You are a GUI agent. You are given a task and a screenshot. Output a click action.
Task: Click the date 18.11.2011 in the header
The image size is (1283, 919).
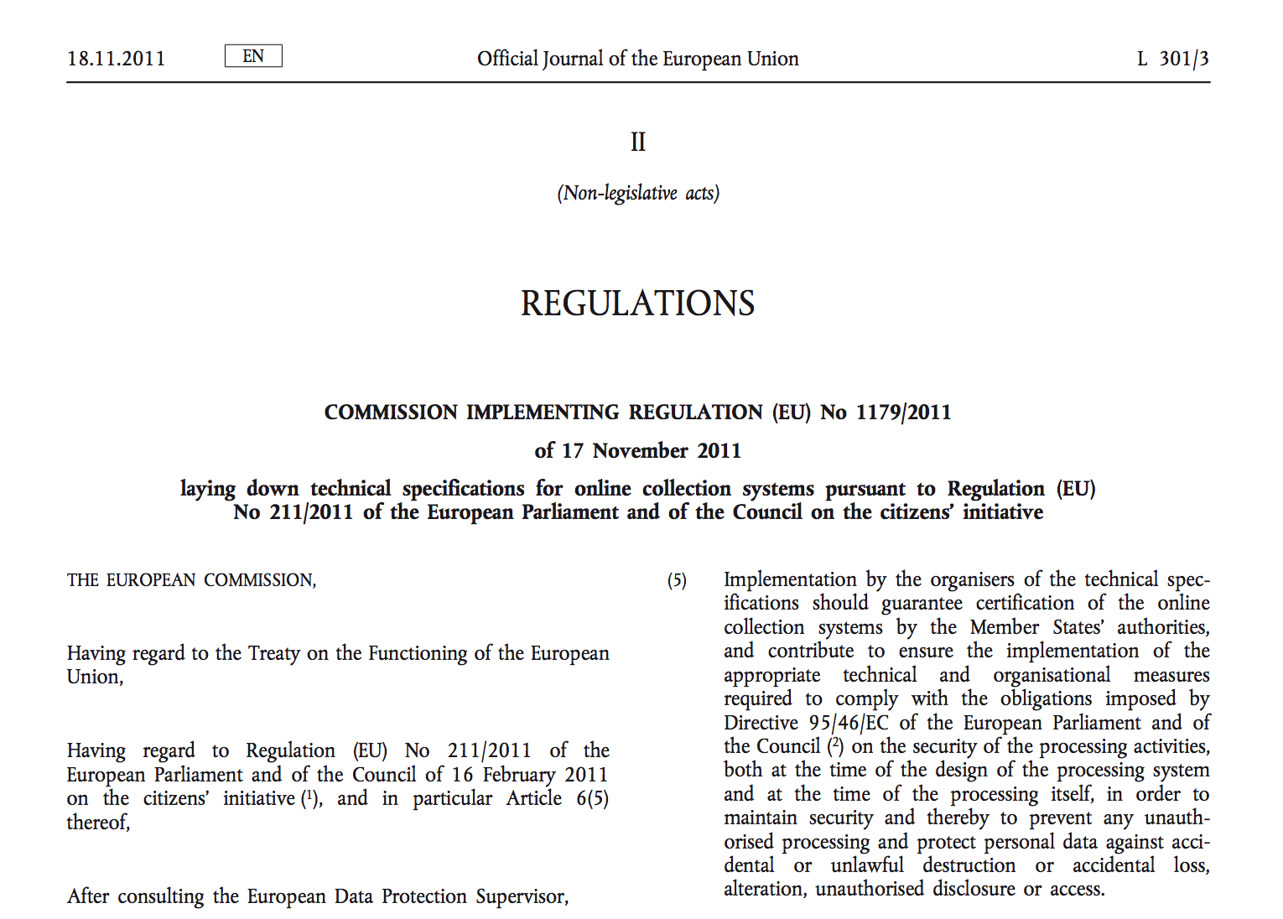point(116,59)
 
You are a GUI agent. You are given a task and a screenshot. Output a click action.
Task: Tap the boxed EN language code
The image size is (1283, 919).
point(253,56)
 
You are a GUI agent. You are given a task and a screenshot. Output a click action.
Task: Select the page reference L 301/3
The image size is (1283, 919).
point(1172,59)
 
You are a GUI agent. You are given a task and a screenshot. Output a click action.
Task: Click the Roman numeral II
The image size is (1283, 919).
point(638,143)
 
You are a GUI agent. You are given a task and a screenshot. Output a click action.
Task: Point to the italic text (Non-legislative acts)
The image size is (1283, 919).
point(638,194)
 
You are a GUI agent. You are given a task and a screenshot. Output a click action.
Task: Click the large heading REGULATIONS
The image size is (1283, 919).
point(638,304)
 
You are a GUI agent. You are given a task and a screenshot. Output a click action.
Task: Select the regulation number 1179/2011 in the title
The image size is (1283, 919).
point(903,413)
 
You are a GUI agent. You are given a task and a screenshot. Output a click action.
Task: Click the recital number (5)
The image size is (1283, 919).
point(677,580)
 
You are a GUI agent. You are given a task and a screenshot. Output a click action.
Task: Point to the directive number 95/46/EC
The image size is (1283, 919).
point(849,723)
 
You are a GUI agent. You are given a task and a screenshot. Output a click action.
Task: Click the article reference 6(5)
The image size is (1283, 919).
point(592,798)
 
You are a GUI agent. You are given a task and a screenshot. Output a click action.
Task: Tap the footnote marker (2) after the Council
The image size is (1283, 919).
point(834,745)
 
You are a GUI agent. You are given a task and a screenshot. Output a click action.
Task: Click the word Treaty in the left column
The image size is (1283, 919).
point(274,653)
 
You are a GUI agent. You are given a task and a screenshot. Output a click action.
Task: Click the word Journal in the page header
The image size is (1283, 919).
point(573,59)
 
